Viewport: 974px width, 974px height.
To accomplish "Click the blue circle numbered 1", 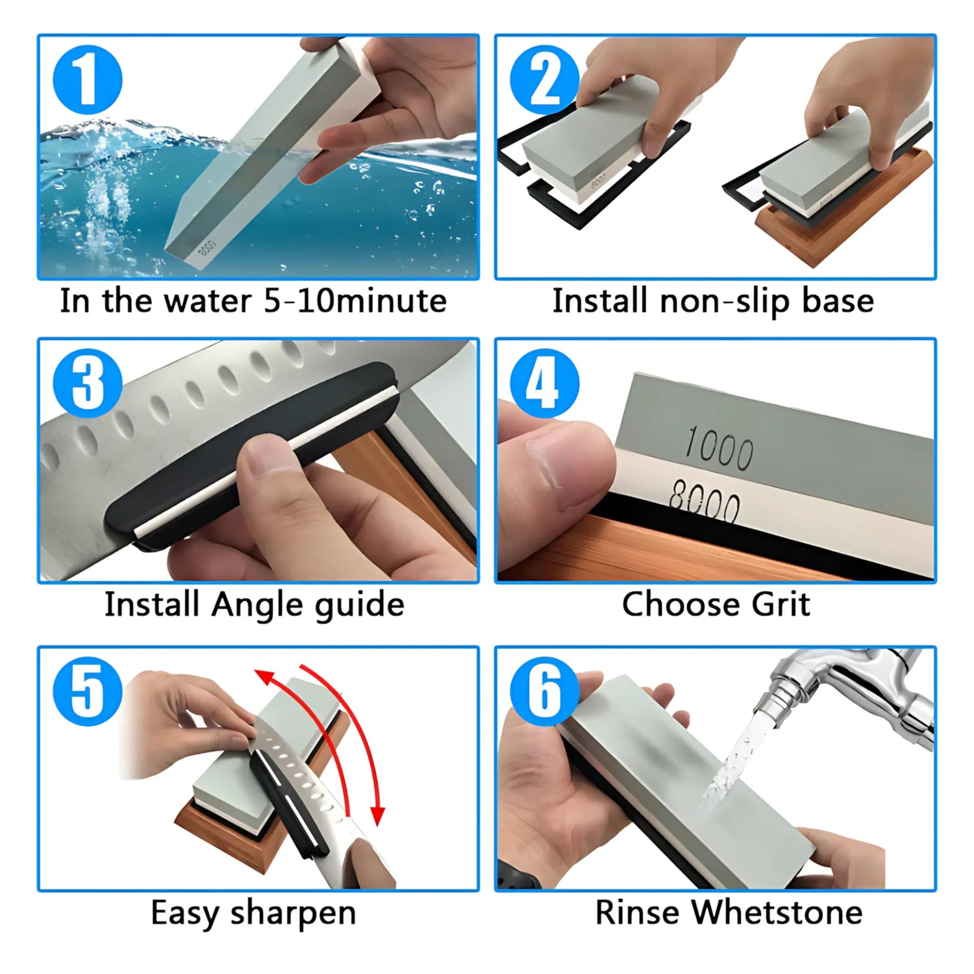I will (x=87, y=80).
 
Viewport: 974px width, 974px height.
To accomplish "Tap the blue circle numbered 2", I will (x=544, y=80).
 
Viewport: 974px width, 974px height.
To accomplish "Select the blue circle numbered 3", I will (x=87, y=383).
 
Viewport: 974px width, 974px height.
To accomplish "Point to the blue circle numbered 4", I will (x=544, y=383).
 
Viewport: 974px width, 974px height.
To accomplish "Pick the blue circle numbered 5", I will (x=87, y=691).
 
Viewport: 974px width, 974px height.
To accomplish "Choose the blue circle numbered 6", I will (x=544, y=691).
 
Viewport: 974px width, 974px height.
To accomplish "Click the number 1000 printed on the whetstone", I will (x=719, y=447).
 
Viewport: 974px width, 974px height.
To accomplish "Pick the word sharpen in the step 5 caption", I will (x=293, y=914).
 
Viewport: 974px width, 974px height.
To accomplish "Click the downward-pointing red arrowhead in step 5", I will (x=377, y=814).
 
